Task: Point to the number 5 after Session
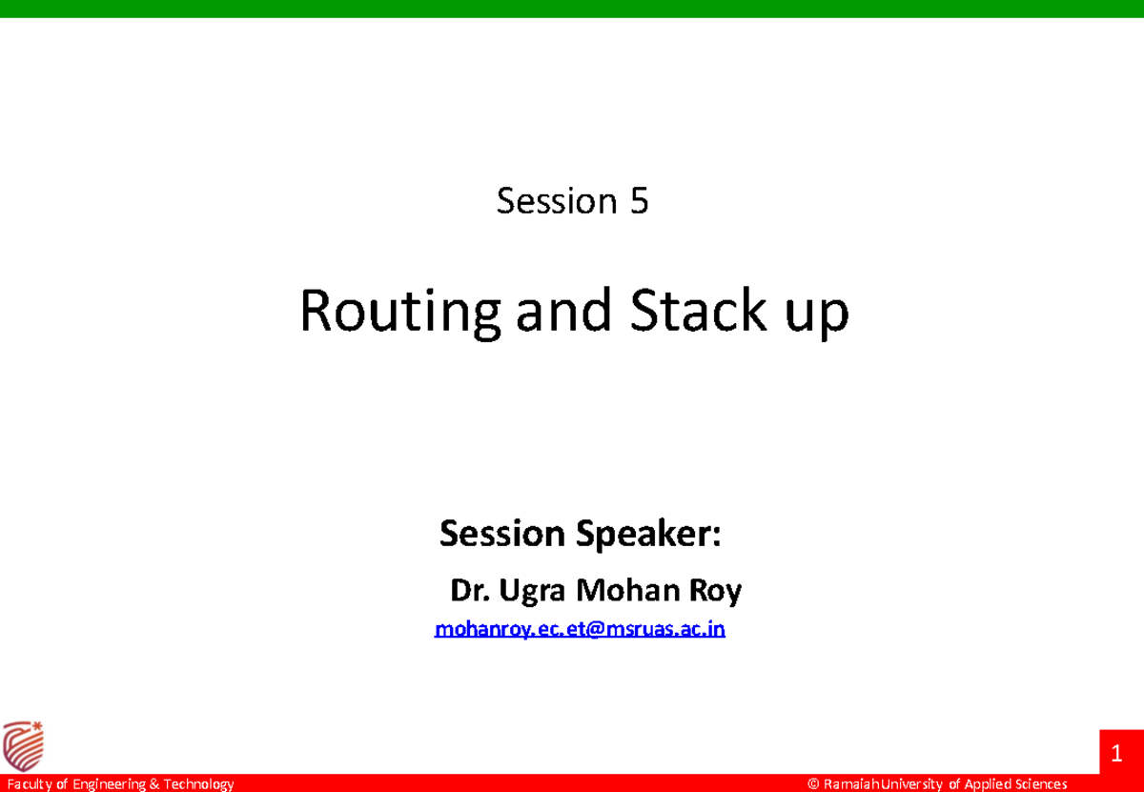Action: (638, 201)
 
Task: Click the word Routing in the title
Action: (400, 313)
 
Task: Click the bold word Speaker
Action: (648, 535)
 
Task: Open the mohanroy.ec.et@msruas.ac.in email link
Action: (580, 629)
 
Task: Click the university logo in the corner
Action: (23, 745)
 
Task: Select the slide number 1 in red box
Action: (1117, 757)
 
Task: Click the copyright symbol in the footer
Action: (813, 784)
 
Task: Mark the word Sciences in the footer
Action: (1042, 784)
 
